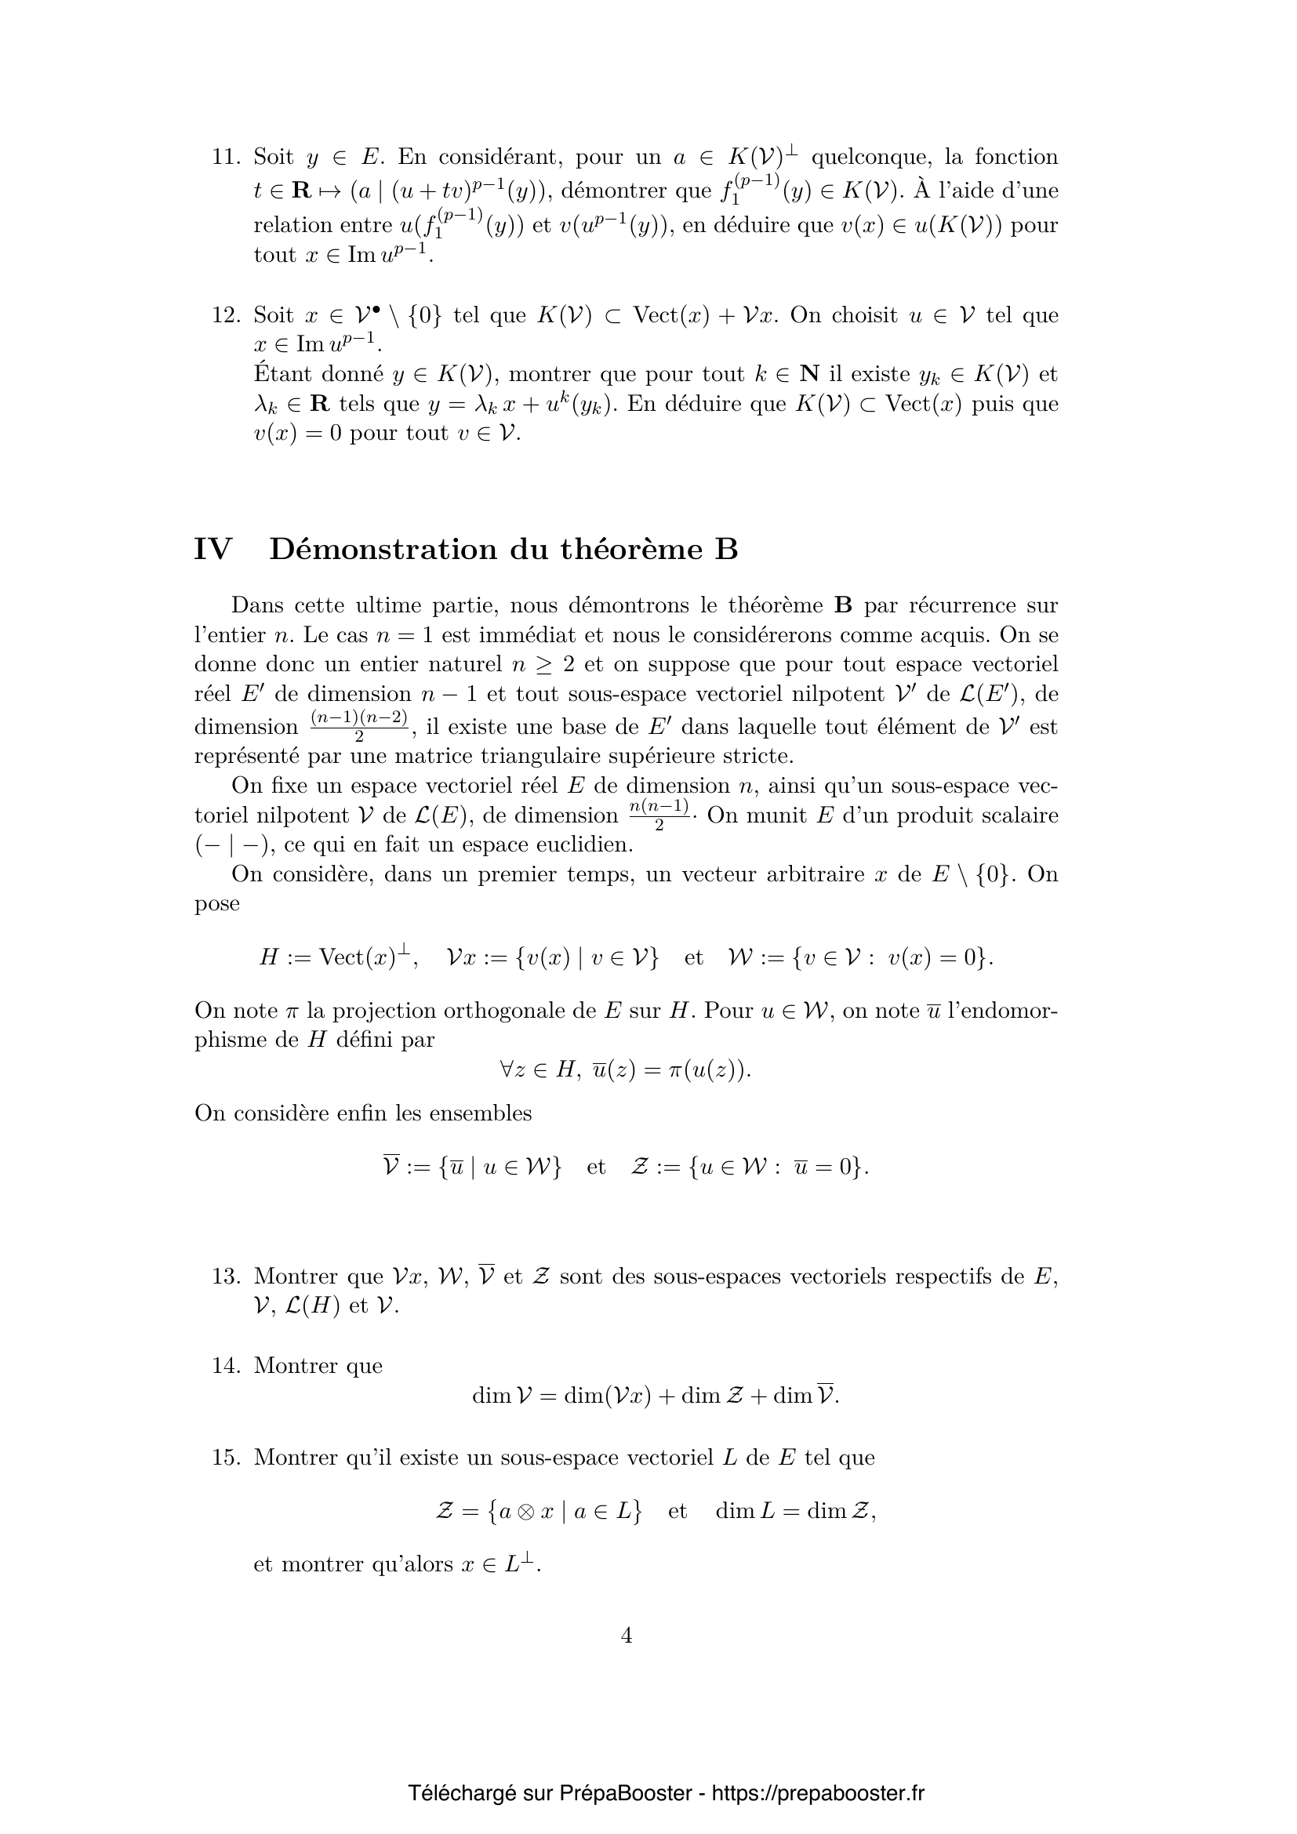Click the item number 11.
pyautogui.click(x=225, y=157)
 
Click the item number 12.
pyautogui.click(x=225, y=314)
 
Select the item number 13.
pyautogui.click(x=225, y=1277)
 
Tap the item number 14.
pyautogui.click(x=225, y=1366)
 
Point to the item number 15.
pyautogui.click(x=225, y=1458)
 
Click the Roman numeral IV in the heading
pyautogui.click(x=213, y=550)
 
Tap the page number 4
pyautogui.click(x=626, y=1636)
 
